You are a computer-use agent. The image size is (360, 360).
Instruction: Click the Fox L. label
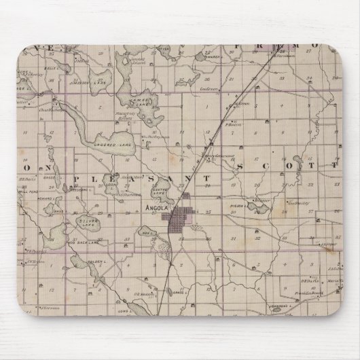pyautogui.click(x=161, y=234)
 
